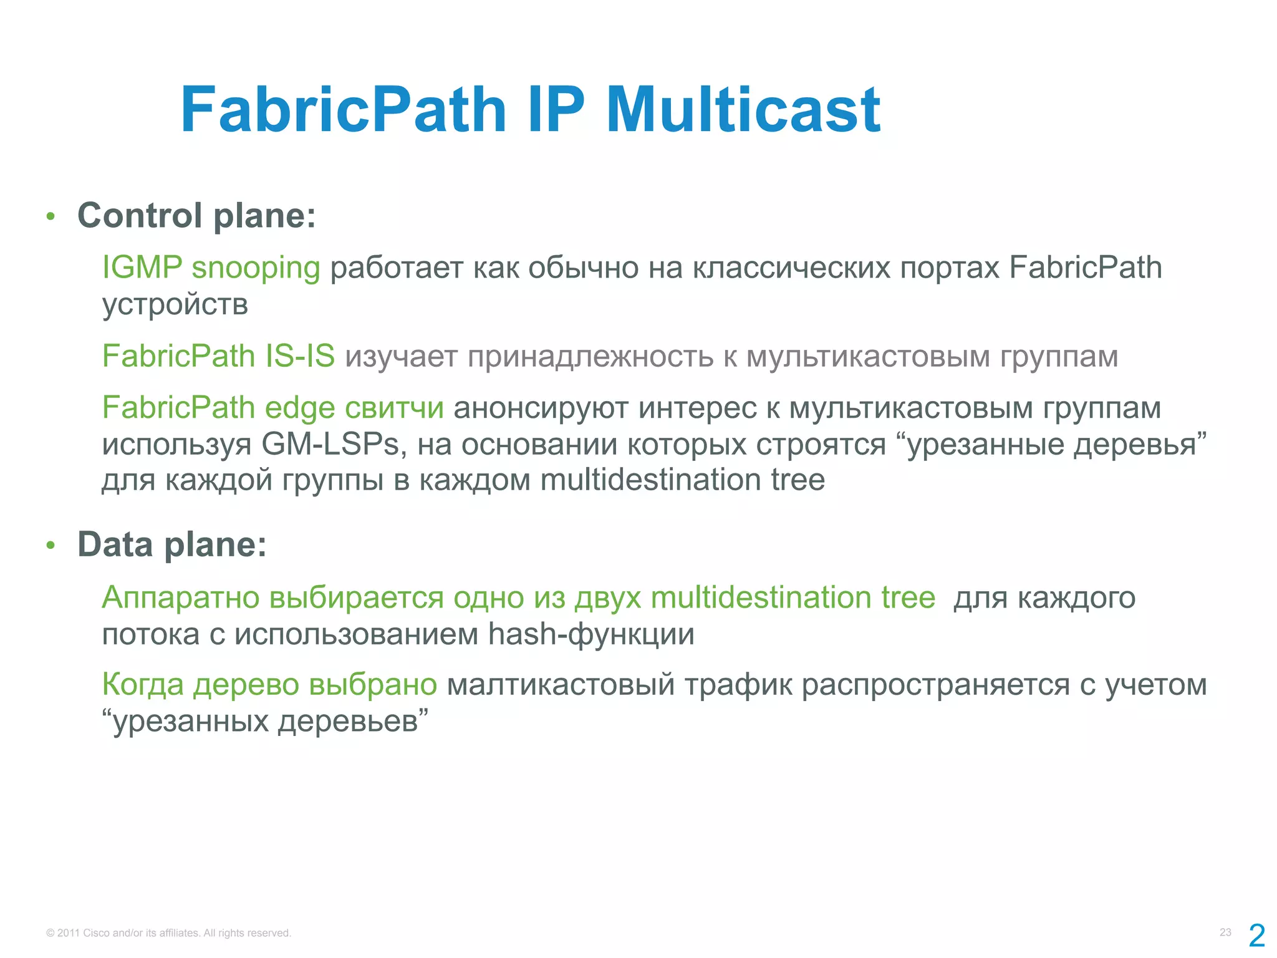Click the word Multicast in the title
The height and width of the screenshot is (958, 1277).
(743, 110)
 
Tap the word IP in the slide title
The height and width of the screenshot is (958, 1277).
(556, 110)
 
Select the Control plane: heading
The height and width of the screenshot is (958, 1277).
(196, 216)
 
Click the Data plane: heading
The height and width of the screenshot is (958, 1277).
(172, 544)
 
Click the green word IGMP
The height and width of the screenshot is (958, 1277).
(142, 268)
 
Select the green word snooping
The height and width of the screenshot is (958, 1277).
(256, 269)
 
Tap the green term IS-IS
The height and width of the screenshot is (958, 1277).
(300, 356)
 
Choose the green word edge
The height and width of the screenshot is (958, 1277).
(300, 409)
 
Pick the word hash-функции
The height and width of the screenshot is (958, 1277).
(590, 634)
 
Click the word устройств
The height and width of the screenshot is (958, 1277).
(175, 305)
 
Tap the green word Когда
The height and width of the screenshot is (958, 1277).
(143, 685)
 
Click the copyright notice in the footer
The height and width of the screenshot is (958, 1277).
(168, 933)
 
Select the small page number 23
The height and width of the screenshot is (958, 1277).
(1225, 932)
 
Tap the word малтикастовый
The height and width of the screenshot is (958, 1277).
(561, 685)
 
